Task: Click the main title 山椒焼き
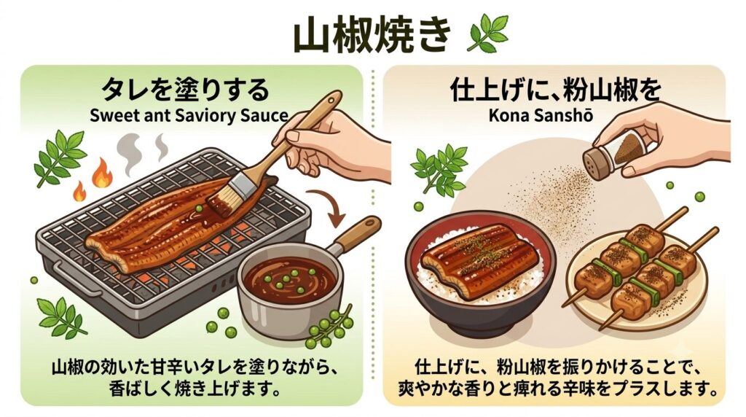pyautogui.click(x=372, y=36)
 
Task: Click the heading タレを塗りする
pyautogui.click(x=186, y=90)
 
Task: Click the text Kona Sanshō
pyautogui.click(x=541, y=115)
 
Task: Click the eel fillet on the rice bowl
pyautogui.click(x=481, y=260)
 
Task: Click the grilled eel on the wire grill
pyautogui.click(x=180, y=223)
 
